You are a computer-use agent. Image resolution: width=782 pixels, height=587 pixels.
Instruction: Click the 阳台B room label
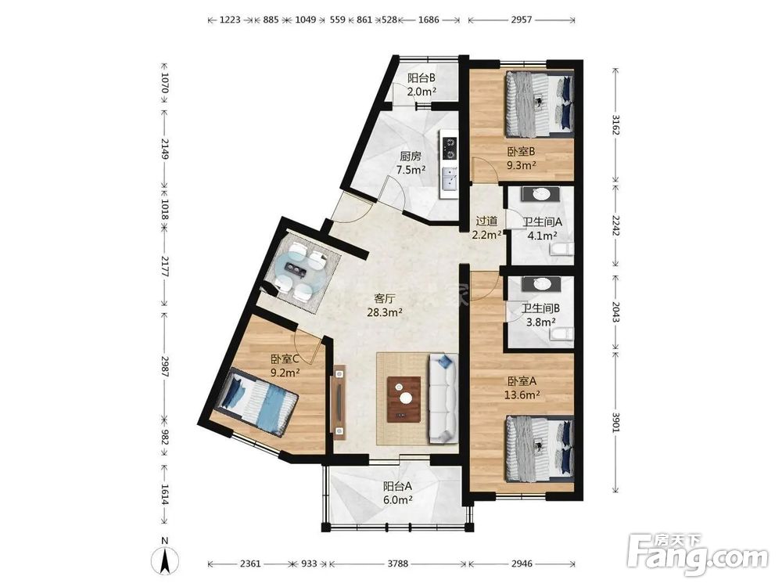click(422, 85)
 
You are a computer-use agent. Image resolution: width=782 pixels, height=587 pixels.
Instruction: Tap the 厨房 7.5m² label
click(411, 163)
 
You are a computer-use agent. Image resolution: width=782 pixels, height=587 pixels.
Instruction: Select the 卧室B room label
click(522, 158)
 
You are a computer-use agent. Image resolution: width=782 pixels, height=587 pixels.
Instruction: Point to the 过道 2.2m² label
click(486, 228)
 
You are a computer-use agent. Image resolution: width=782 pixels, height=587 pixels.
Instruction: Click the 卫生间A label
click(542, 221)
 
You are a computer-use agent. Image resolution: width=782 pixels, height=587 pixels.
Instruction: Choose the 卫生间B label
click(540, 309)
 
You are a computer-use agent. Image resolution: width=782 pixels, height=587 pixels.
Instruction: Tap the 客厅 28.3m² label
click(385, 305)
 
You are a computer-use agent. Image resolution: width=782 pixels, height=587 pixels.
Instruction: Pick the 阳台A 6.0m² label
click(397, 492)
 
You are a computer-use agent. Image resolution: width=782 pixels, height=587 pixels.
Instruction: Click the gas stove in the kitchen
click(450, 148)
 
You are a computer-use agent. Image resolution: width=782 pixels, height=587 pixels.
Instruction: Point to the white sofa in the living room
click(443, 398)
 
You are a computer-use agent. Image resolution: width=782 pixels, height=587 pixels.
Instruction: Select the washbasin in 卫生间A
click(540, 195)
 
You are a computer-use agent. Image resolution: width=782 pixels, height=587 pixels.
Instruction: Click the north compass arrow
click(166, 560)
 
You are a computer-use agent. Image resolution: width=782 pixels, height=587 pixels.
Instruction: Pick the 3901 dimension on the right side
click(616, 423)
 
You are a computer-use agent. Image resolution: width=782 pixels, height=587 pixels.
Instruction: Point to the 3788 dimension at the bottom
click(397, 564)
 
